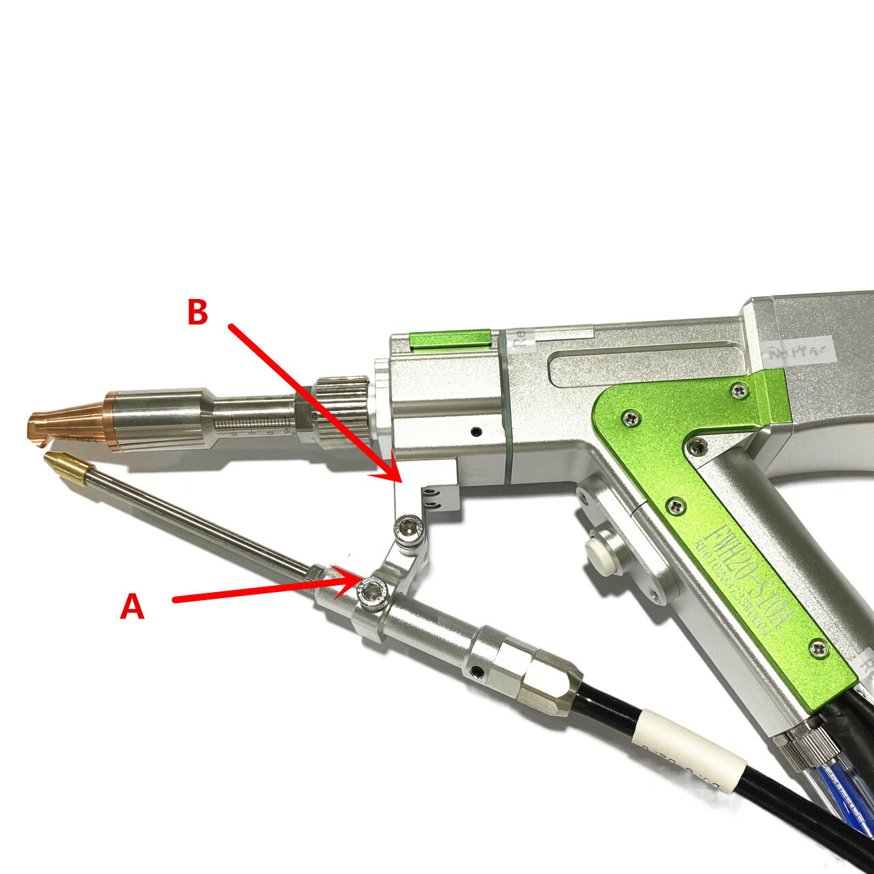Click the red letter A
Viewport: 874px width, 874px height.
[132, 606]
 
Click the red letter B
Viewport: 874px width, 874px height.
[197, 313]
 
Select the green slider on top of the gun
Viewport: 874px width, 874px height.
[450, 339]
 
